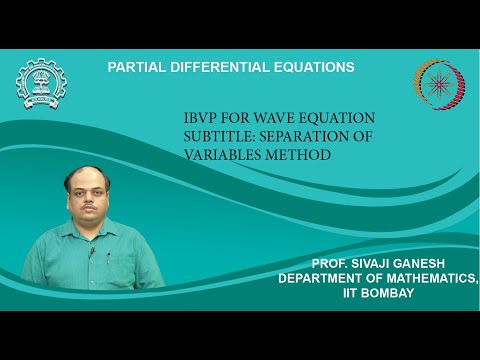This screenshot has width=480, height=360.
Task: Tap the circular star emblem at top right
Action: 438,82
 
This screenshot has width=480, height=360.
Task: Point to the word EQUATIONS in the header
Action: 315,67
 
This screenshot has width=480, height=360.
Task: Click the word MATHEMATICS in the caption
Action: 429,281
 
